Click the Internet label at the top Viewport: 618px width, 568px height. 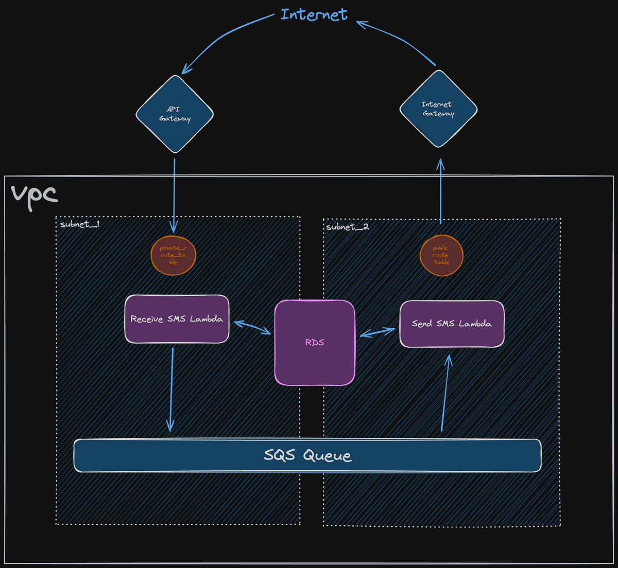pos(314,14)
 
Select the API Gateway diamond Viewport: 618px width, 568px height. pos(175,114)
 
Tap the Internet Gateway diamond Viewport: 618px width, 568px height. pos(438,109)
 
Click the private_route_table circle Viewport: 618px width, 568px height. pos(173,255)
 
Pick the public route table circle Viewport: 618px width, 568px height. pos(441,255)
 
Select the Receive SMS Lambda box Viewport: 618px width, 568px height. pos(177,319)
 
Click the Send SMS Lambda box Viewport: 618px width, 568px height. pos(452,324)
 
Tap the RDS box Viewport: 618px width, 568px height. pos(315,343)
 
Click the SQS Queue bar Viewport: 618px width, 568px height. pos(307,455)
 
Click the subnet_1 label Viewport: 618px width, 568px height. pos(80,224)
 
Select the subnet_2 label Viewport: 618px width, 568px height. pos(348,227)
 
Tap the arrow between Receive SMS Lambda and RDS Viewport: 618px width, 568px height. pos(252,328)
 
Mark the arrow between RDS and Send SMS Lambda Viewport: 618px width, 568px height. pos(377,333)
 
